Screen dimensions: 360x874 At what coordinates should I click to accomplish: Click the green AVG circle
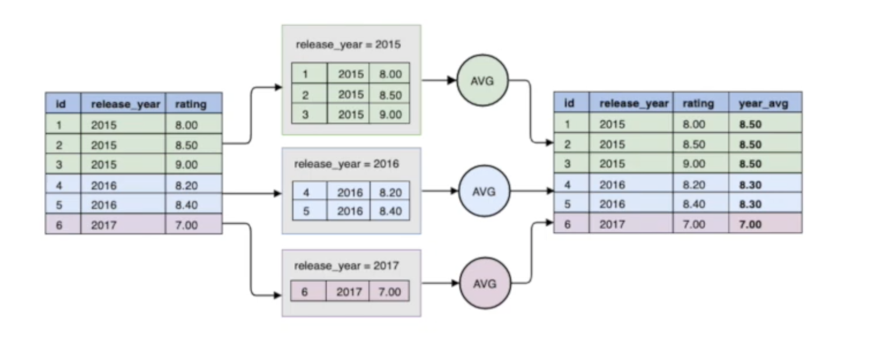point(483,81)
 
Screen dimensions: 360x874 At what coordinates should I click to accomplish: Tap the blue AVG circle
point(484,190)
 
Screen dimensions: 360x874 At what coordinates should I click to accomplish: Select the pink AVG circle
point(484,283)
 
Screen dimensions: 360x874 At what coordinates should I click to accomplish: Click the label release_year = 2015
point(348,44)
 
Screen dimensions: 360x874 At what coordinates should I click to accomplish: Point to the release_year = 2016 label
point(347,164)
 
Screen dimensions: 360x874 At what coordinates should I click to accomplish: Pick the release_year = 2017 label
point(347,266)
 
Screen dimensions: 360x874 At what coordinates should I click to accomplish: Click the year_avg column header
point(763,104)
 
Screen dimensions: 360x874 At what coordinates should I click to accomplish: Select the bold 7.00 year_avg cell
point(750,224)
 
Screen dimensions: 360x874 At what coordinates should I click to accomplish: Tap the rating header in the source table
point(191,104)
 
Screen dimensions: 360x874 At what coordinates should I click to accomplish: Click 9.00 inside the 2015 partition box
point(390,114)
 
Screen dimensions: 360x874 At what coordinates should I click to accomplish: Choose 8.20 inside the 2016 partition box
point(390,192)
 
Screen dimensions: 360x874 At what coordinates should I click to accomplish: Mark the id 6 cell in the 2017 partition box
point(305,291)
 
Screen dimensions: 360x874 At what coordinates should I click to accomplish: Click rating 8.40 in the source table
point(186,205)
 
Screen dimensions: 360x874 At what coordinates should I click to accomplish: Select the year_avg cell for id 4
point(750,185)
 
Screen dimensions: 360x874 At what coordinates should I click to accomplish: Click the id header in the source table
point(60,104)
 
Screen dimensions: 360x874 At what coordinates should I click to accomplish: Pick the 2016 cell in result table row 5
point(612,204)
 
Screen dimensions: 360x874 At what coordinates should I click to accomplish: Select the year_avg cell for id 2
point(750,144)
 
